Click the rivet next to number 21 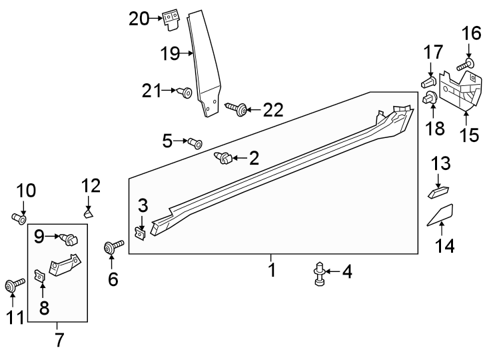coord(187,92)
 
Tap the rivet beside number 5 coord(195,141)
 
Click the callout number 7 coord(59,340)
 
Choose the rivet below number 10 coord(19,217)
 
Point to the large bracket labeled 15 coord(463,93)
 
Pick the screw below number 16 coord(465,64)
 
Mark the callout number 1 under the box coord(271,271)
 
